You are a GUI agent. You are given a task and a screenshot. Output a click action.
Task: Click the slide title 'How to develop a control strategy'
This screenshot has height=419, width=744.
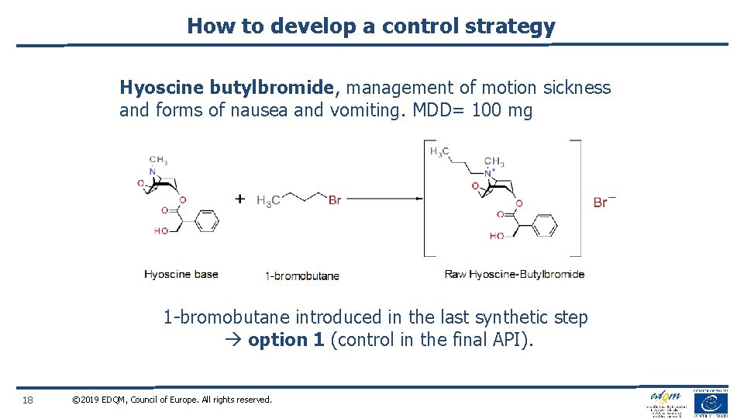[x=371, y=26]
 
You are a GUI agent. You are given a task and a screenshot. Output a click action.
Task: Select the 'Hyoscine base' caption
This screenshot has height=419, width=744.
[x=181, y=274]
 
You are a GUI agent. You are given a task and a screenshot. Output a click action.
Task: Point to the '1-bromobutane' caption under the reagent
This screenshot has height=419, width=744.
[x=302, y=275]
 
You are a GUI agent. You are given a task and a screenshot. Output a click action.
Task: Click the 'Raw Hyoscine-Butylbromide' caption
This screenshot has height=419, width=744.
[x=515, y=274]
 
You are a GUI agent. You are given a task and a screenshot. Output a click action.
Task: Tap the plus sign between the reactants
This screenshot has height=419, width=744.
[x=240, y=199]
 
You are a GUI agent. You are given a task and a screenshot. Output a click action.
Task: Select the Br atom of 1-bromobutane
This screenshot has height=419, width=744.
[x=334, y=200]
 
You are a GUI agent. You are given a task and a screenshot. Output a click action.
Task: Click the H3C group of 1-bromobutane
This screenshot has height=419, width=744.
[x=268, y=200]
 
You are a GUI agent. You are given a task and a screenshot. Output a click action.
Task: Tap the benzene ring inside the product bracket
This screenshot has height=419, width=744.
[x=545, y=226]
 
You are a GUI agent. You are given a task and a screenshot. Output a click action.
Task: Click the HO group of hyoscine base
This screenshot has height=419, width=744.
[x=161, y=230]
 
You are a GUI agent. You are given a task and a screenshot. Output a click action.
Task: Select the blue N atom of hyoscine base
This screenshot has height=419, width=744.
[x=153, y=171]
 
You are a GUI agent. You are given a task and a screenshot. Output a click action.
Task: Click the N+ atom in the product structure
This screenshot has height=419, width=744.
[x=490, y=173]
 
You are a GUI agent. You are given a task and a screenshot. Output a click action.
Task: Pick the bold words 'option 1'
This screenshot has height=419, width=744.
[x=286, y=340]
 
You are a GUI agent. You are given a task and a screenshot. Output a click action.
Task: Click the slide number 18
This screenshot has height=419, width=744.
[x=28, y=400]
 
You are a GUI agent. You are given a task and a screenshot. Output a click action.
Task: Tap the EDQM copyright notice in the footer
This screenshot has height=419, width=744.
[x=171, y=400]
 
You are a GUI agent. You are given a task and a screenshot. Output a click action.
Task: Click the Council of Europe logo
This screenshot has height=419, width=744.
[x=710, y=403]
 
